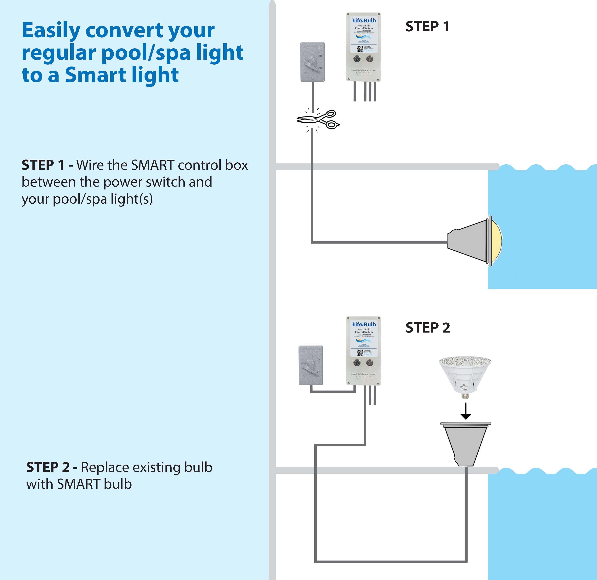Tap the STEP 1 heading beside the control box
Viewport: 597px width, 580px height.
click(427, 26)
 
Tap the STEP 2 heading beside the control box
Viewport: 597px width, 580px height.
click(428, 328)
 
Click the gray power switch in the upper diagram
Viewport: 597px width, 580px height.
click(313, 62)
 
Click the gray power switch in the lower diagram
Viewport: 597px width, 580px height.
click(311, 365)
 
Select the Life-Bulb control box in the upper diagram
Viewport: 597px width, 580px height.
click(363, 47)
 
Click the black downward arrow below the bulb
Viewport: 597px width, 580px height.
click(465, 411)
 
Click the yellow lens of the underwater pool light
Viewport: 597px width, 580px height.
click(496, 241)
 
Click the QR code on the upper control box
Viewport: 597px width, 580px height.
click(360, 49)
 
